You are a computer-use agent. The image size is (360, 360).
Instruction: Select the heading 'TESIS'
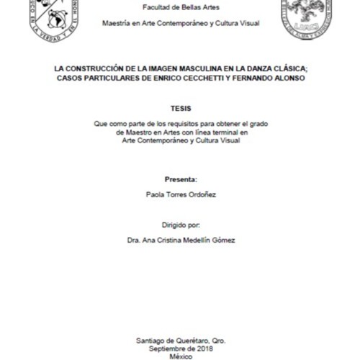tap(180, 109)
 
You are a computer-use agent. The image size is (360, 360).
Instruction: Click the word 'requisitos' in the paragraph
tap(186, 124)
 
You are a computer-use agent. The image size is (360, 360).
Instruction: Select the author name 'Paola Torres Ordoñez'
tap(180, 194)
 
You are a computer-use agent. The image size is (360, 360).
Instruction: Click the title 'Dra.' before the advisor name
tap(131, 240)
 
